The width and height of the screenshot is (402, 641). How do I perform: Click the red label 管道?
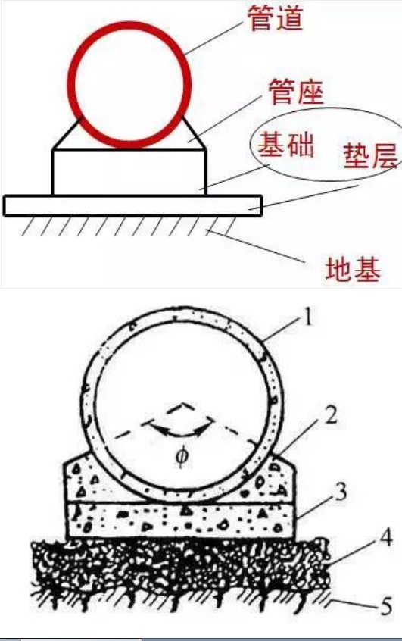click(276, 17)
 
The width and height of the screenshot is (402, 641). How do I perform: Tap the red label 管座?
click(296, 92)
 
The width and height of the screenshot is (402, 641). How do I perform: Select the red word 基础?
click(286, 145)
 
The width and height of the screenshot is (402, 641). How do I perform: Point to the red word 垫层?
click(370, 156)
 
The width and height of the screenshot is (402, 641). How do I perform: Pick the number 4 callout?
click(385, 537)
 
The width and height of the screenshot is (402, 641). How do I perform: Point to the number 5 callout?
click(386, 606)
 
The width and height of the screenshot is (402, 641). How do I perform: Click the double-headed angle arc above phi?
click(176, 431)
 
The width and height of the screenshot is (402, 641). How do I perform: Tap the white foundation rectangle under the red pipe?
click(129, 173)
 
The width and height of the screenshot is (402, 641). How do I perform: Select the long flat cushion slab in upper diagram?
click(132, 206)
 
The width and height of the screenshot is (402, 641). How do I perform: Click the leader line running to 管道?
click(213, 38)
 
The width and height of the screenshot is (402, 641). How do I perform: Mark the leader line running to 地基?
click(256, 246)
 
